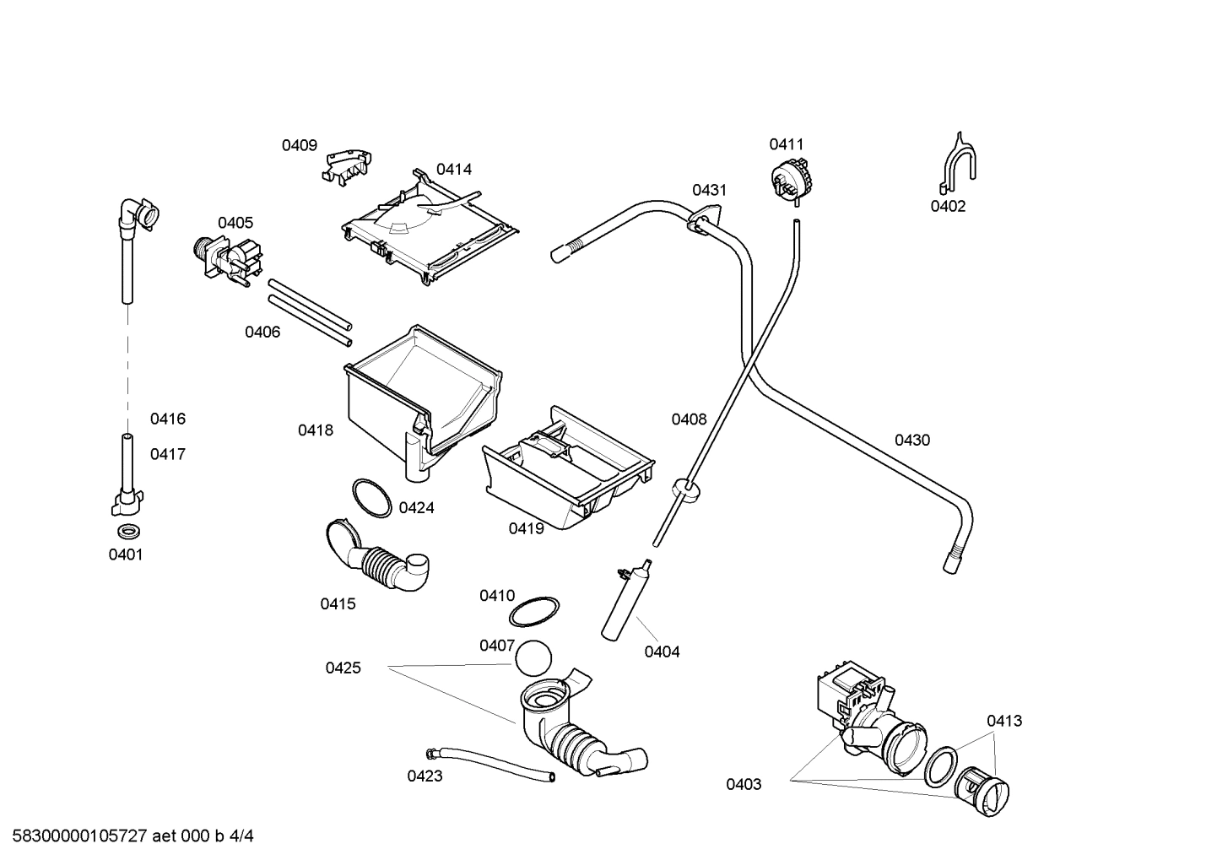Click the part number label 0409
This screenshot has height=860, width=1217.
(299, 145)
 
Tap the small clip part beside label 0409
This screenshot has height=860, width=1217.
(347, 165)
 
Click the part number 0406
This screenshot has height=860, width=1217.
(262, 333)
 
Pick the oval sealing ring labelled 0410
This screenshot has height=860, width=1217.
(536, 610)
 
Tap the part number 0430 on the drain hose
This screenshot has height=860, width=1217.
(912, 441)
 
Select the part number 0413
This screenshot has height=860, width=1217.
(1004, 721)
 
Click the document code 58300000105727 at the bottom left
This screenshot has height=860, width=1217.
(75, 837)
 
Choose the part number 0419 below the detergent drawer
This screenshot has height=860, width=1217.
(526, 528)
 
